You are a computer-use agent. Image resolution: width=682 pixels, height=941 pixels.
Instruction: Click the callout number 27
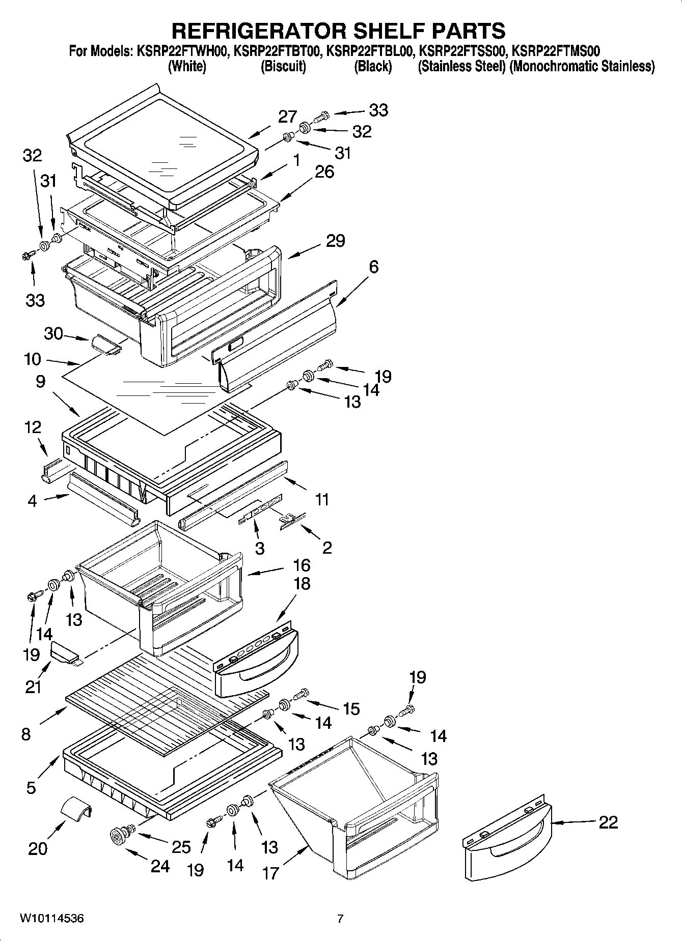(287, 117)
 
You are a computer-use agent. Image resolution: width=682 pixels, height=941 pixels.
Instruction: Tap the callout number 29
(335, 240)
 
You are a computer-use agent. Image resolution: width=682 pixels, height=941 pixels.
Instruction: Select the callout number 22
(608, 822)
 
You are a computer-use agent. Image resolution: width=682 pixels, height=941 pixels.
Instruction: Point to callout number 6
(374, 267)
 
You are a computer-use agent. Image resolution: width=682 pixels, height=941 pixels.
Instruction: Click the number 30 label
(53, 334)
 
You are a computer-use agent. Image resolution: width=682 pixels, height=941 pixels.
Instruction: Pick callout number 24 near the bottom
(159, 866)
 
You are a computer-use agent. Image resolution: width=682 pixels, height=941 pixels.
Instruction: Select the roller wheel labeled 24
(119, 835)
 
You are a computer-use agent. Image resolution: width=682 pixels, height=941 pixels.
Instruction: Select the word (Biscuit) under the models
(283, 66)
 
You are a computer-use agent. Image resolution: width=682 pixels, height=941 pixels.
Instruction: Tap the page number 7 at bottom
(340, 919)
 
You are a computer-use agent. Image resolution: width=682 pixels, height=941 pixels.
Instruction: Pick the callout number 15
(351, 708)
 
